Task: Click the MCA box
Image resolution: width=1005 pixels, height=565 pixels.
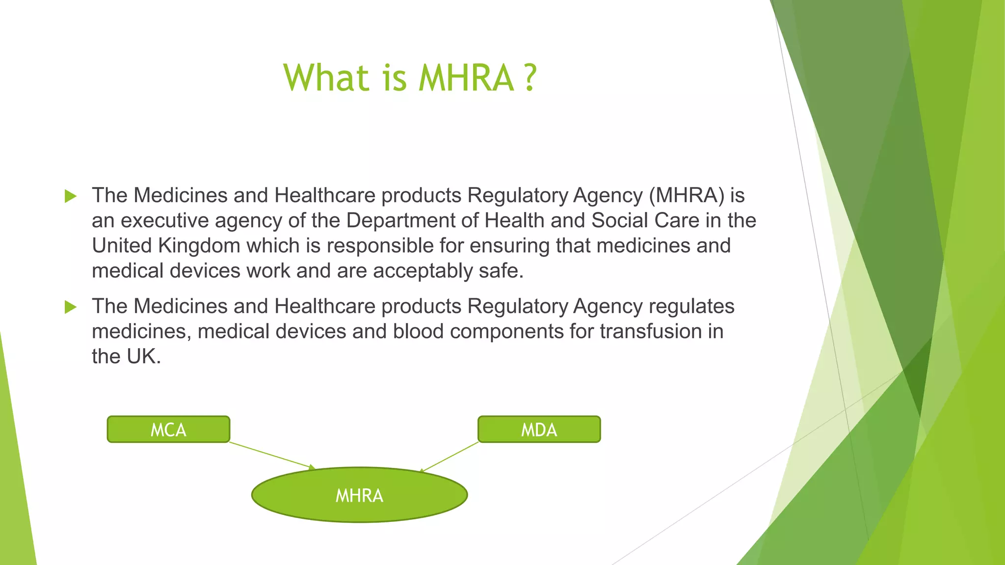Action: click(x=168, y=430)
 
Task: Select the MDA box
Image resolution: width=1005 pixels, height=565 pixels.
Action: click(x=539, y=430)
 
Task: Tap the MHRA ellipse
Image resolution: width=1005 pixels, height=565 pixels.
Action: click(x=359, y=495)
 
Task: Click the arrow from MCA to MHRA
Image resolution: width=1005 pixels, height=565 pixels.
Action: click(x=272, y=455)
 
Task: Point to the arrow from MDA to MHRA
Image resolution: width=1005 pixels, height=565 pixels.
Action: click(x=449, y=457)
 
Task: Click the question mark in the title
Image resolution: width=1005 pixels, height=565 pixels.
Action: click(x=529, y=78)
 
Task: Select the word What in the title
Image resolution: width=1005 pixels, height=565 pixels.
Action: click(x=326, y=78)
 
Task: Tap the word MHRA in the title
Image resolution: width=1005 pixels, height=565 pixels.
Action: click(x=466, y=78)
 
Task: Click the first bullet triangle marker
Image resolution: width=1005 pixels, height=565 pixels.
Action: click(x=71, y=197)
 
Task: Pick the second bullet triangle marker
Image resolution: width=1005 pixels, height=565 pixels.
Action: click(x=71, y=308)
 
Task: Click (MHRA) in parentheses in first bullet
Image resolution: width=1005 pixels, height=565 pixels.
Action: click(x=687, y=196)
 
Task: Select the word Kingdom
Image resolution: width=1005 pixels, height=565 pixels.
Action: click(x=199, y=246)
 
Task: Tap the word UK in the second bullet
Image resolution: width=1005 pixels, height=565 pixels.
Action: click(x=141, y=357)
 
